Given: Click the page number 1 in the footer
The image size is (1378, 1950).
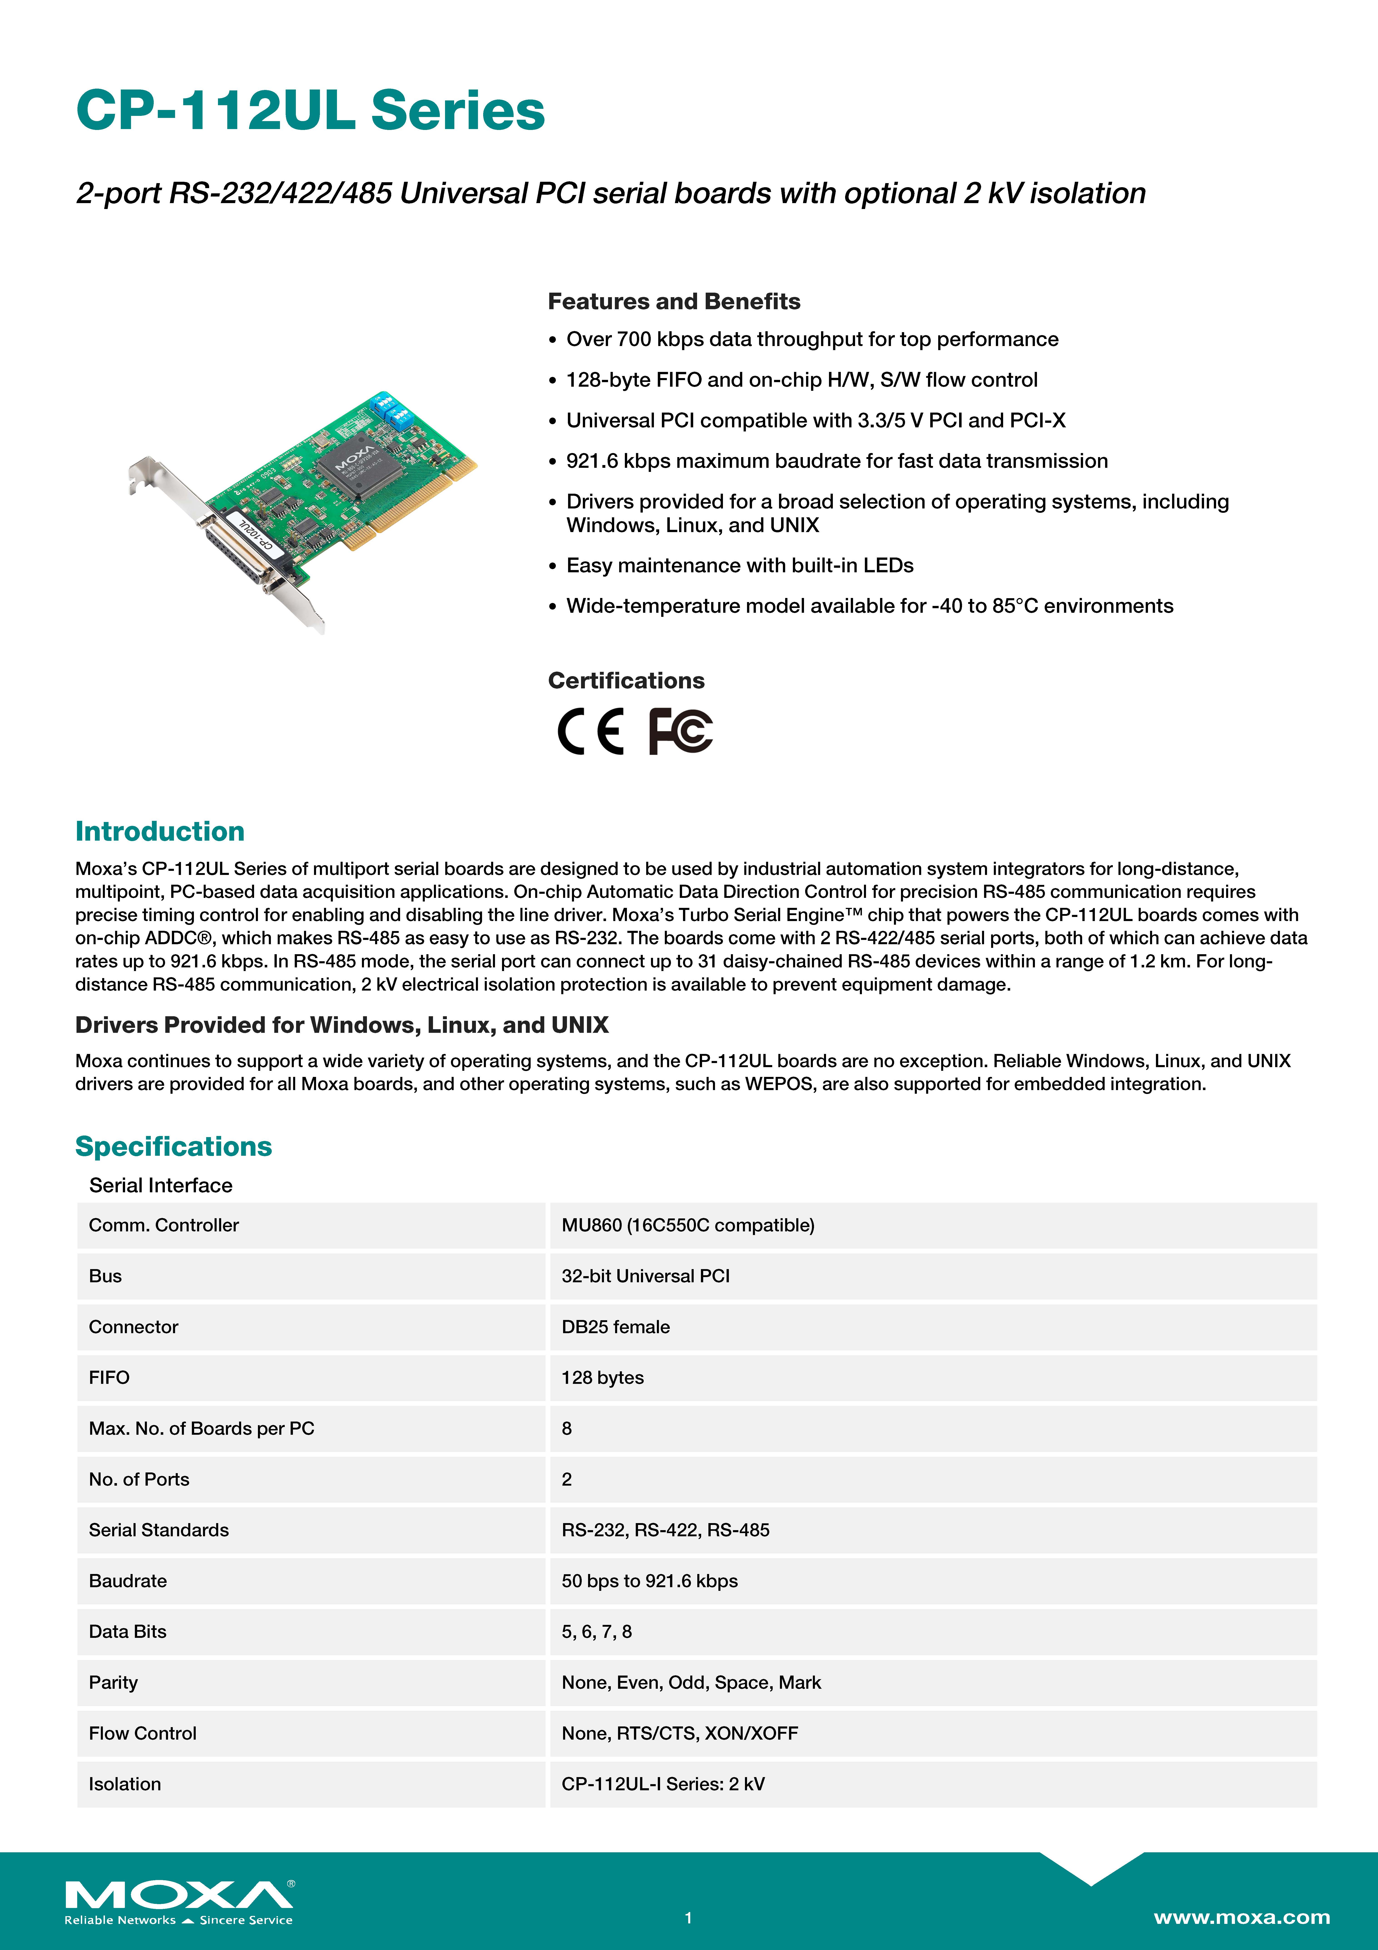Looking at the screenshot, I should pyautogui.click(x=689, y=1918).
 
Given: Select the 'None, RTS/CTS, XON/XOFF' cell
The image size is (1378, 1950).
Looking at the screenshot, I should pyautogui.click(x=679, y=1733).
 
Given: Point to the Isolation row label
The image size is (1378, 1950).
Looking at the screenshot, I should pyautogui.click(x=125, y=1784).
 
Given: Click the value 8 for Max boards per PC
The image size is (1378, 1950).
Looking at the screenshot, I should pyautogui.click(x=566, y=1429).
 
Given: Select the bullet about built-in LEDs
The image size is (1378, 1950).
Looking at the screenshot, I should pyautogui.click(x=740, y=566).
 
